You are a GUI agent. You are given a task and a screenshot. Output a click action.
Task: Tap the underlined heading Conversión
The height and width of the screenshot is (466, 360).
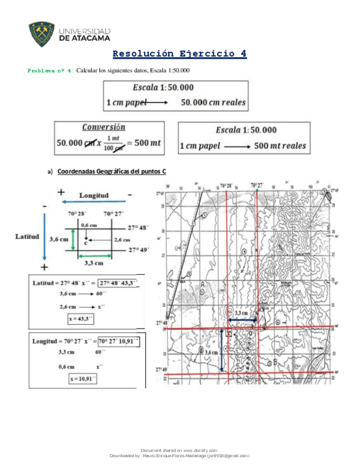click(x=103, y=127)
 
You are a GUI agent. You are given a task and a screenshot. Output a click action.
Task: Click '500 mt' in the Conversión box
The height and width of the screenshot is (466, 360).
click(x=147, y=143)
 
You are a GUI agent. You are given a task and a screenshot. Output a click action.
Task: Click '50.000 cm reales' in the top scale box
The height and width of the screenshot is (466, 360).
click(x=213, y=102)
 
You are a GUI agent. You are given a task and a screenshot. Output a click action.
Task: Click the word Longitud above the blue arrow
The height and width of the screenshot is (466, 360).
click(x=94, y=195)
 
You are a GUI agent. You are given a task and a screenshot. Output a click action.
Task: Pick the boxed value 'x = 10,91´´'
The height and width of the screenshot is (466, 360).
click(x=82, y=379)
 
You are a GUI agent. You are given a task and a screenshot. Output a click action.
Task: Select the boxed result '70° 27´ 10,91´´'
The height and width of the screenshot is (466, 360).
click(x=119, y=341)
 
